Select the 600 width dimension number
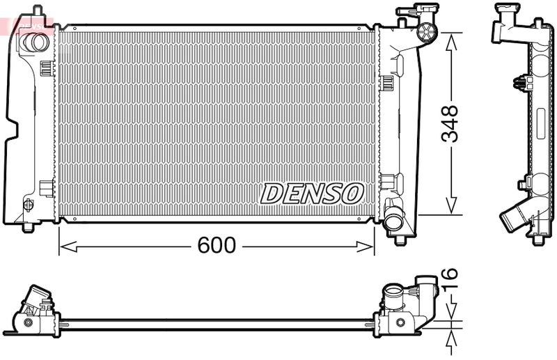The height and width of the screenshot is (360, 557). click(217, 245)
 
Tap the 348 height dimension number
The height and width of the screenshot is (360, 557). click(450, 124)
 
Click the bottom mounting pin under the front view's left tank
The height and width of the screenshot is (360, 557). click(28, 227)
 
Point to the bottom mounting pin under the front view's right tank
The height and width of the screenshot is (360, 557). click(400, 240)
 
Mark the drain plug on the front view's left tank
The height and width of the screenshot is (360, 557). click(29, 204)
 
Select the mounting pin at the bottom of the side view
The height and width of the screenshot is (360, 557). click(538, 240)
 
